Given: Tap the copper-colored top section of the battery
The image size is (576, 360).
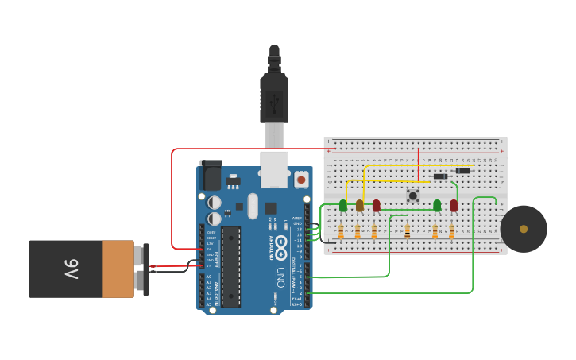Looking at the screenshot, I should [x=118, y=269].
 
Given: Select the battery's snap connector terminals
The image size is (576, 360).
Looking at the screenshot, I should [x=142, y=269].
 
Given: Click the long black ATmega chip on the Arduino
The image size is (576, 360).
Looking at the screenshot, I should [x=230, y=266].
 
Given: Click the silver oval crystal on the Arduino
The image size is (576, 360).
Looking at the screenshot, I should [x=253, y=206].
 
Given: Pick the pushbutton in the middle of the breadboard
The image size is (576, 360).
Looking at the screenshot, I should [x=412, y=195].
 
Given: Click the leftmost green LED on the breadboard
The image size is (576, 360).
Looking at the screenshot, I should [x=343, y=206].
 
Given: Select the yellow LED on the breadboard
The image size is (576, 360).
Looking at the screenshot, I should [x=360, y=206].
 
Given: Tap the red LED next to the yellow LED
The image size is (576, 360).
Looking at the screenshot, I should [x=377, y=206].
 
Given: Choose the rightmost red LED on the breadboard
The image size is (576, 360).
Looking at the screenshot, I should [x=454, y=206].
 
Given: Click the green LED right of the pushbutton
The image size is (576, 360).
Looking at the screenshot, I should [x=437, y=206].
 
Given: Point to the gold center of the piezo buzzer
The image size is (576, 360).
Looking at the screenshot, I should [x=524, y=229].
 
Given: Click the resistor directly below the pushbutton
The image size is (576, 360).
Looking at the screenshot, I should [x=408, y=231].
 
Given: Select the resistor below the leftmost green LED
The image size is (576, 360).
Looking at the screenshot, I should [x=341, y=231].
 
